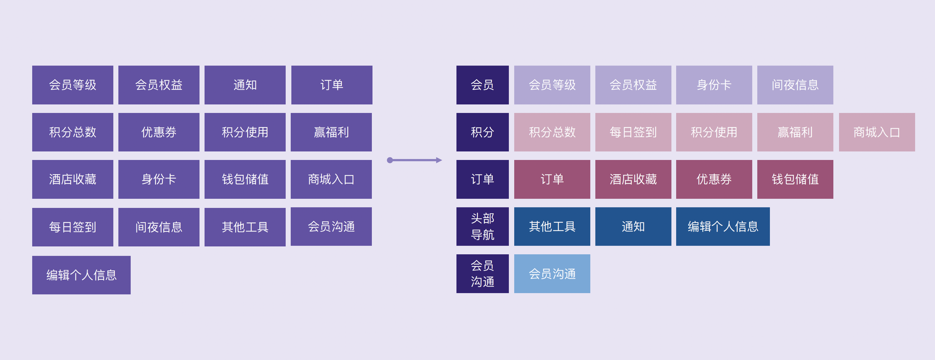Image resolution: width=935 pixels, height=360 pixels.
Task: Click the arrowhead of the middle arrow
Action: pos(439,160)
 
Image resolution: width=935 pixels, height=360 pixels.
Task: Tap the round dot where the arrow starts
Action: pos(390,160)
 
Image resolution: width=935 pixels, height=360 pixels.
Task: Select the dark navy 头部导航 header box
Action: pos(482,227)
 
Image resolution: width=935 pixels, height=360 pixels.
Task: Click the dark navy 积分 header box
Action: pos(482,132)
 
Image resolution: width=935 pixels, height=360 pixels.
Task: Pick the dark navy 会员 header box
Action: pos(482,85)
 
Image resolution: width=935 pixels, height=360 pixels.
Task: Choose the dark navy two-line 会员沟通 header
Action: pos(482,274)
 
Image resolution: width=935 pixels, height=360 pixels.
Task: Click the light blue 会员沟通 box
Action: pos(552,274)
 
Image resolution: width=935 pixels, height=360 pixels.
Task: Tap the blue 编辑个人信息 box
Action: pos(723,227)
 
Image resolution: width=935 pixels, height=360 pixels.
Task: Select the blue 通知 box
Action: pos(633,227)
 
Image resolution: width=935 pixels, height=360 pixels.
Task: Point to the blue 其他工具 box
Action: pos(552,227)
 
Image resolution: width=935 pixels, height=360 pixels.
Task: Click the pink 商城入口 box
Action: pos(877,132)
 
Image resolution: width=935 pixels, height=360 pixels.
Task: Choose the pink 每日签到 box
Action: pos(633,132)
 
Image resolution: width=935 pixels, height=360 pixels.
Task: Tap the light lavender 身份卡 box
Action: pos(714,85)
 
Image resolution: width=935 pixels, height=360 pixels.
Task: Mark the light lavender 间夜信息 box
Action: pos(795,85)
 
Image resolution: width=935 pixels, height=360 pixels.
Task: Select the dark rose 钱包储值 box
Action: pos(795,179)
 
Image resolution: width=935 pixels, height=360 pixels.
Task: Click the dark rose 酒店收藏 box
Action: pos(633,179)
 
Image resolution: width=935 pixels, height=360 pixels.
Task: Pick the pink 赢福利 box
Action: pos(795,132)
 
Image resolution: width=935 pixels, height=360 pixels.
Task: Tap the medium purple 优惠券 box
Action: pos(159,132)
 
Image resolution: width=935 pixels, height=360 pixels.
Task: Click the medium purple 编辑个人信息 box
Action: pos(81,275)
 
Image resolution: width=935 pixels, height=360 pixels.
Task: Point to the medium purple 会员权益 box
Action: pos(159,85)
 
